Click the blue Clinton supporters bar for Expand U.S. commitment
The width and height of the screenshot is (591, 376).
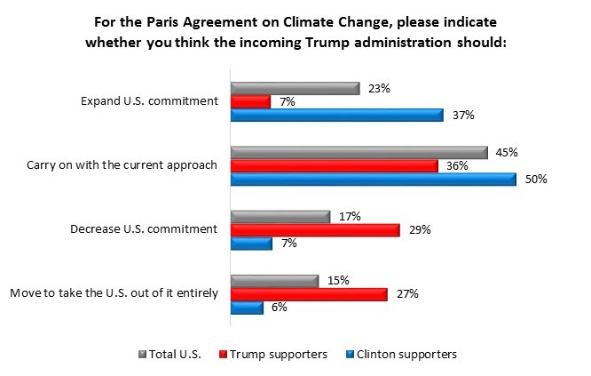[x=336, y=115]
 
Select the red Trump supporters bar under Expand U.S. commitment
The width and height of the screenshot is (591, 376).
[x=250, y=101]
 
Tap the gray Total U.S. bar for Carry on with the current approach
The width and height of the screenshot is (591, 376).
[x=359, y=152]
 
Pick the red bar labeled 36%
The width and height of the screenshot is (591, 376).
[x=335, y=165]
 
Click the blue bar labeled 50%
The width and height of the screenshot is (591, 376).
[x=373, y=179]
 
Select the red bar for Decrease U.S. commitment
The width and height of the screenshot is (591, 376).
[x=315, y=229]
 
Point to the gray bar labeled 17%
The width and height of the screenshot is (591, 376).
[x=280, y=216]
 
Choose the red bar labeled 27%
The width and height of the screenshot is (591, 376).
[x=309, y=293]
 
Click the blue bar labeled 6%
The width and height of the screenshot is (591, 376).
[x=247, y=307]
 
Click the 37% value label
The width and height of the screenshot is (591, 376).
[x=460, y=115]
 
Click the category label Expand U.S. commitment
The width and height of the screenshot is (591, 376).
[x=160, y=101]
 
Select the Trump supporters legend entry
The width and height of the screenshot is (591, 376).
[x=278, y=354]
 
